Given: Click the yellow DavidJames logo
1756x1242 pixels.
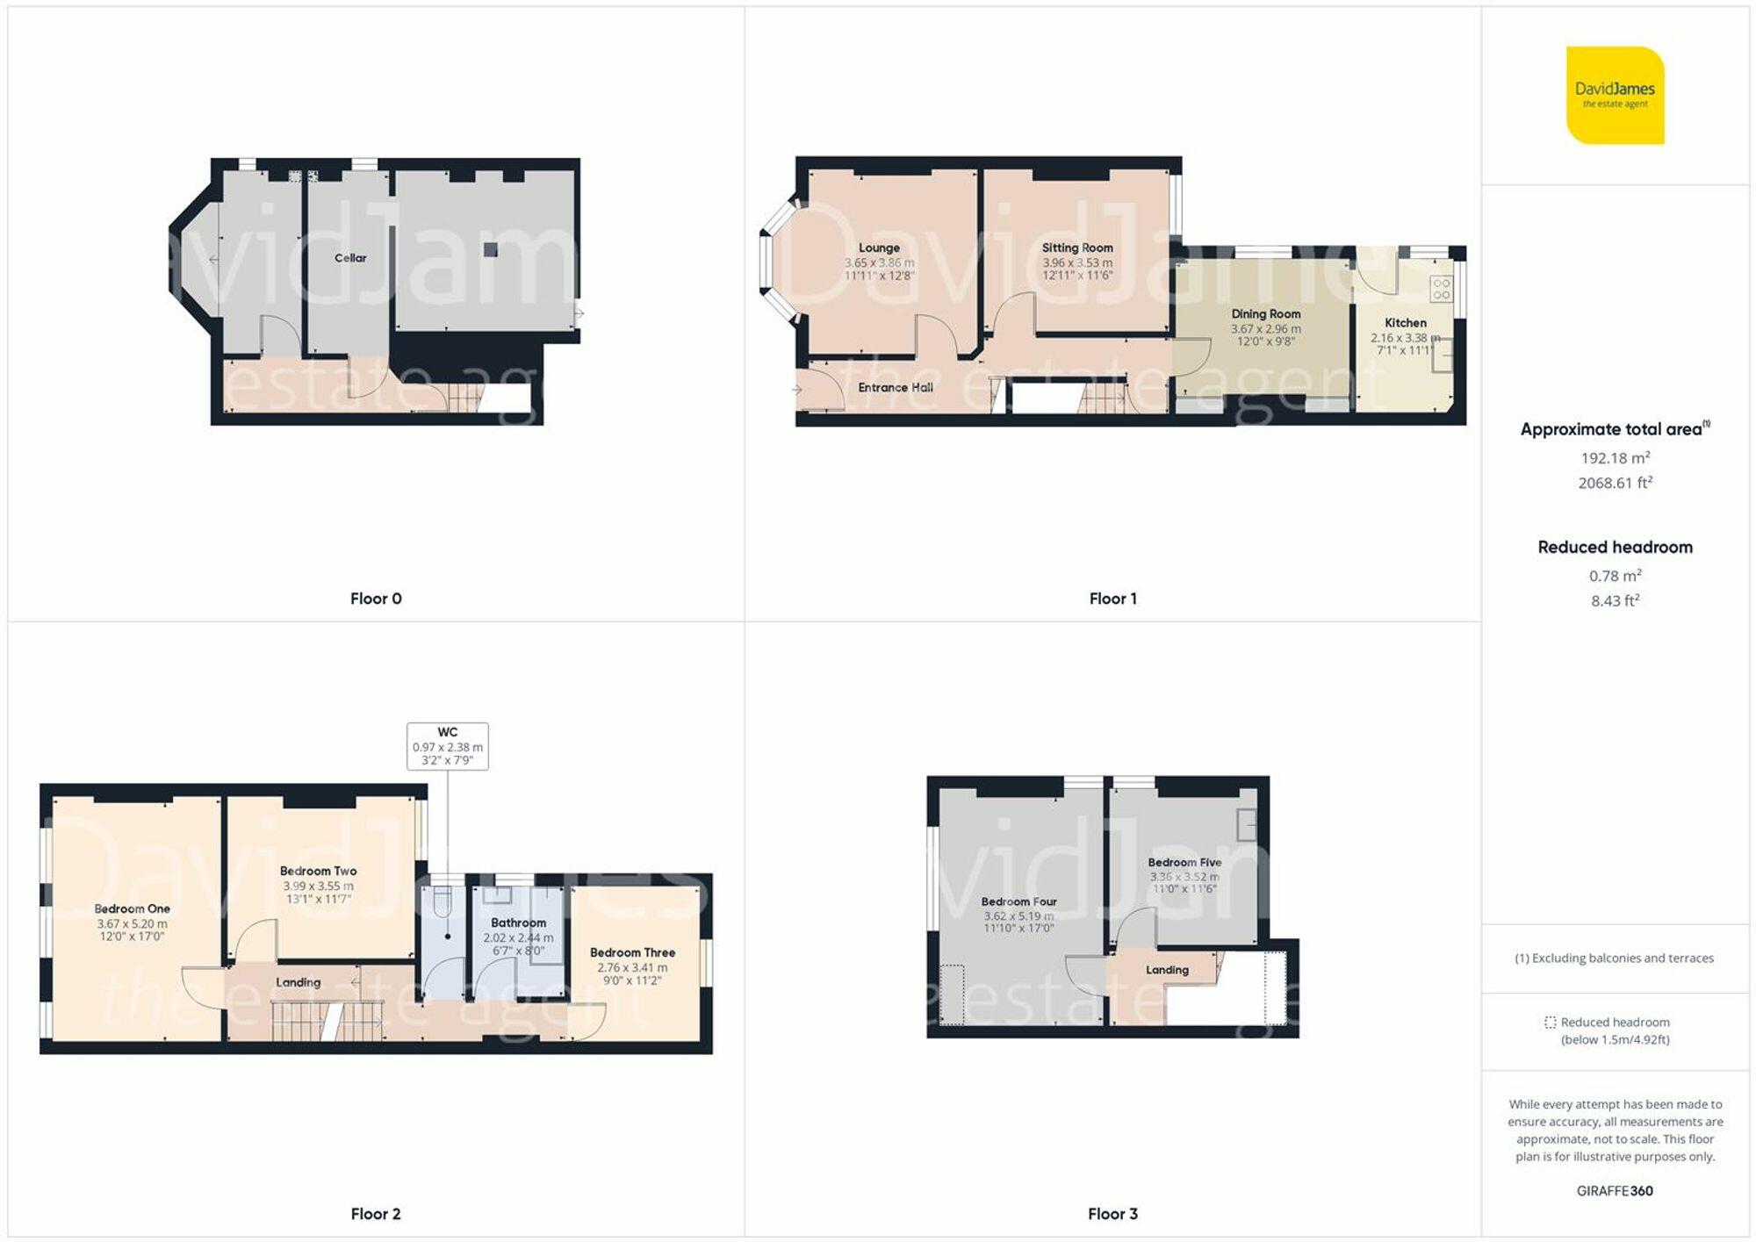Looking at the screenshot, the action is [x=1616, y=95].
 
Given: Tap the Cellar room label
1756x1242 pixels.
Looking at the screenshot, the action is [x=350, y=258].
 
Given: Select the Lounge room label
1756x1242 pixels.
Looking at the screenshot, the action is [x=879, y=248].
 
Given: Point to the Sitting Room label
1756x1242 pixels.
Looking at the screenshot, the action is [x=1077, y=248].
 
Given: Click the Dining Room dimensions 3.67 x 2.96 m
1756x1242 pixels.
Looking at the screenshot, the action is [x=1265, y=329].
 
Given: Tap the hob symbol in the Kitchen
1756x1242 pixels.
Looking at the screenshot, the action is [x=1441, y=289].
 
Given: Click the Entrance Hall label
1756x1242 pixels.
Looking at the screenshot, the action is [x=896, y=387].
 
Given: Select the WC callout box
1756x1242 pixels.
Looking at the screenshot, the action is [x=448, y=746].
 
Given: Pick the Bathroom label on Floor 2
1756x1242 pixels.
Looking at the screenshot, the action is [x=518, y=923].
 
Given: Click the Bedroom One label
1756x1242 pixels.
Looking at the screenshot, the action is [x=133, y=908].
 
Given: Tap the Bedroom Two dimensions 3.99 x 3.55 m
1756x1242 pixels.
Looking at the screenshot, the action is [x=318, y=887].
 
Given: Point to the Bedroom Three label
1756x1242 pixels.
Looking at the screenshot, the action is [x=632, y=952].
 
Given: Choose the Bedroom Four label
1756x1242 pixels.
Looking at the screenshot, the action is [x=1018, y=901].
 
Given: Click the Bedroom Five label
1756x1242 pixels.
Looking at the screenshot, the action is [x=1184, y=862].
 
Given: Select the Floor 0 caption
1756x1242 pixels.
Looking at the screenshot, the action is [x=376, y=599].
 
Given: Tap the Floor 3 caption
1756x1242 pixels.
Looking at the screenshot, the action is [x=1112, y=1214].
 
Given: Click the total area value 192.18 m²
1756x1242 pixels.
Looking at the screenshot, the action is [x=1616, y=457].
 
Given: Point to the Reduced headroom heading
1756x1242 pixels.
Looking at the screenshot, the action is [x=1616, y=547].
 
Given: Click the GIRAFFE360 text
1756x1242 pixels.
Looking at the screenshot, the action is [x=1615, y=1191].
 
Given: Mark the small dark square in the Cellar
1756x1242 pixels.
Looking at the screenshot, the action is [x=491, y=250].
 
